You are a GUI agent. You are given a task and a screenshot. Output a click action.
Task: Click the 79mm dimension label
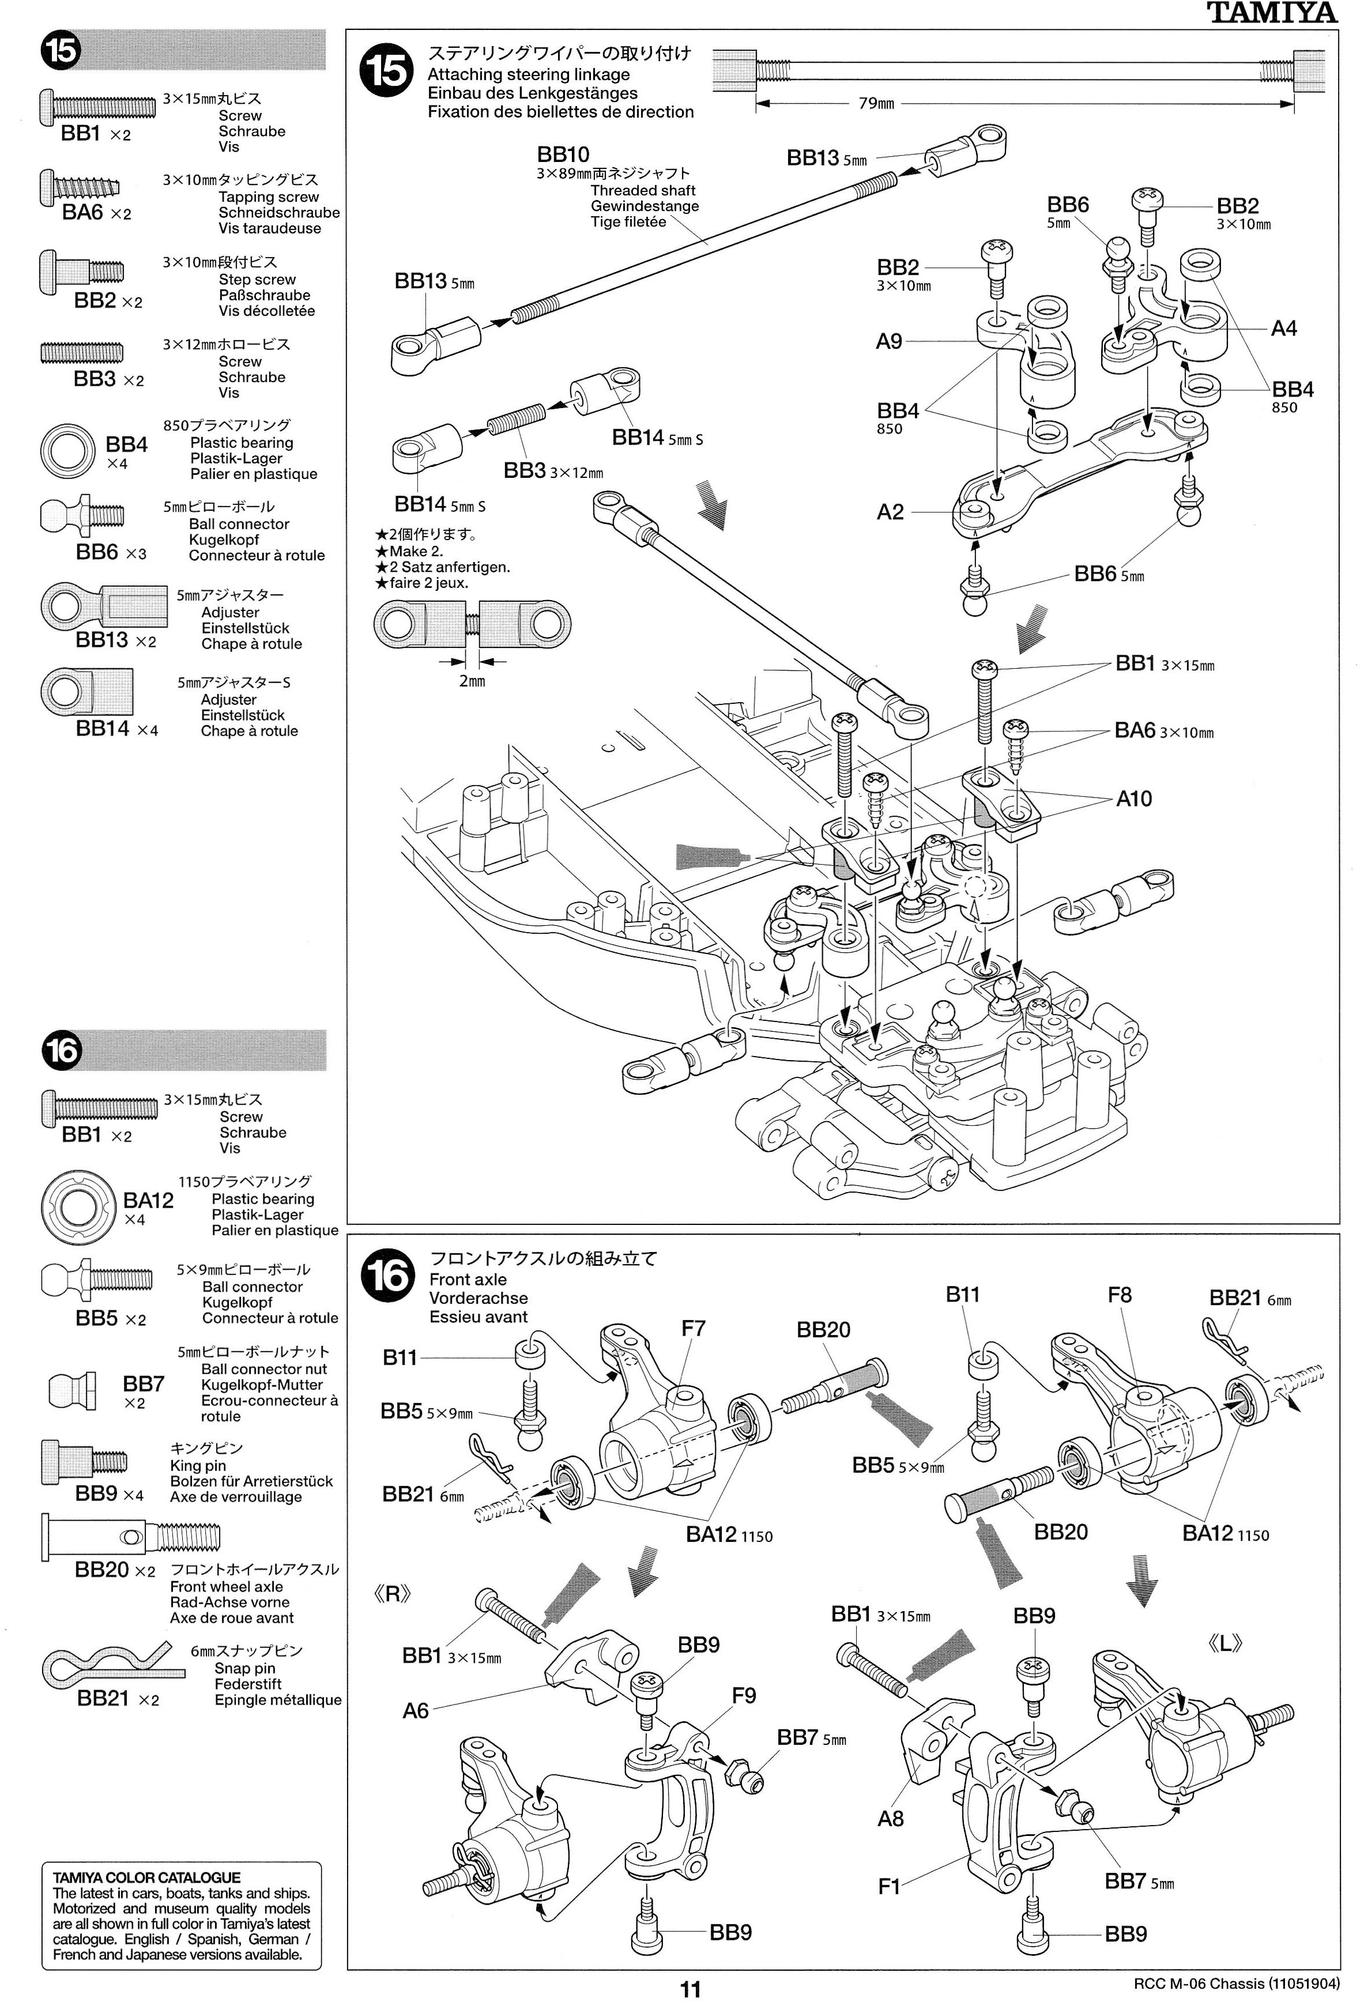coord(876,104)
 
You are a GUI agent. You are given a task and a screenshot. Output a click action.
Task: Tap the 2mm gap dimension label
coord(472,681)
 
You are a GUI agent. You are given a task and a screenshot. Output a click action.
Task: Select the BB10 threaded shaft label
coord(563,154)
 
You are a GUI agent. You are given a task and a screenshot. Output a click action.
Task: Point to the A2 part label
coord(890,512)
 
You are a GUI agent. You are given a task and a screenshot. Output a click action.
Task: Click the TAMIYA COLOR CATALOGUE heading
coord(147,1877)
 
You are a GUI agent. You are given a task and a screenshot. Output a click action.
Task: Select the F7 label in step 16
coord(693,1329)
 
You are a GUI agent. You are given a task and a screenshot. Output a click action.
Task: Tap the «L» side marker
coord(1225,1643)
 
